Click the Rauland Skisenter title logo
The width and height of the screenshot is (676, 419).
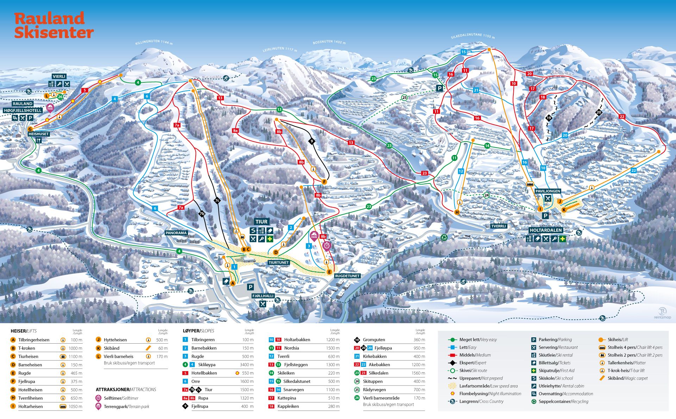tap(54, 25)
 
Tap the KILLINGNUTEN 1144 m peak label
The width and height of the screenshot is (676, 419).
tap(154, 42)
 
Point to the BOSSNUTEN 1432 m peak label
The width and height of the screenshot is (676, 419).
tap(329, 42)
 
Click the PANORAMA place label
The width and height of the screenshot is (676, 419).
tap(176, 233)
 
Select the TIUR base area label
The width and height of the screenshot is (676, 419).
tap(262, 221)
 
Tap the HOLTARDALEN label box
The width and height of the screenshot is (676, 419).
tap(546, 230)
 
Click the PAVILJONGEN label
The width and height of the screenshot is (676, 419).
tap(547, 191)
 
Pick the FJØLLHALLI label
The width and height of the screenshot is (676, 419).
tap(263, 296)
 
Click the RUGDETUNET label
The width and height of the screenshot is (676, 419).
tap(347, 276)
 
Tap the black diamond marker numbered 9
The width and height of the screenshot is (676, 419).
tap(311, 141)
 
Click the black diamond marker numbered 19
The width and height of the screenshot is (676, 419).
tap(549, 118)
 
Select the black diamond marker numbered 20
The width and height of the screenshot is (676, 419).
tap(599, 113)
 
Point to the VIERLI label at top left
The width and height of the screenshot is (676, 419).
tap(59, 76)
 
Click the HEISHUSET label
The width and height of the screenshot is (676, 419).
tap(39, 134)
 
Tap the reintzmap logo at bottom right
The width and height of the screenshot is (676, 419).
tap(662, 313)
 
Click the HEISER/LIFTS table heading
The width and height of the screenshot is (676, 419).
tap(24, 331)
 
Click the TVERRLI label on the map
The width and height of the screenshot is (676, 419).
tap(498, 226)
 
